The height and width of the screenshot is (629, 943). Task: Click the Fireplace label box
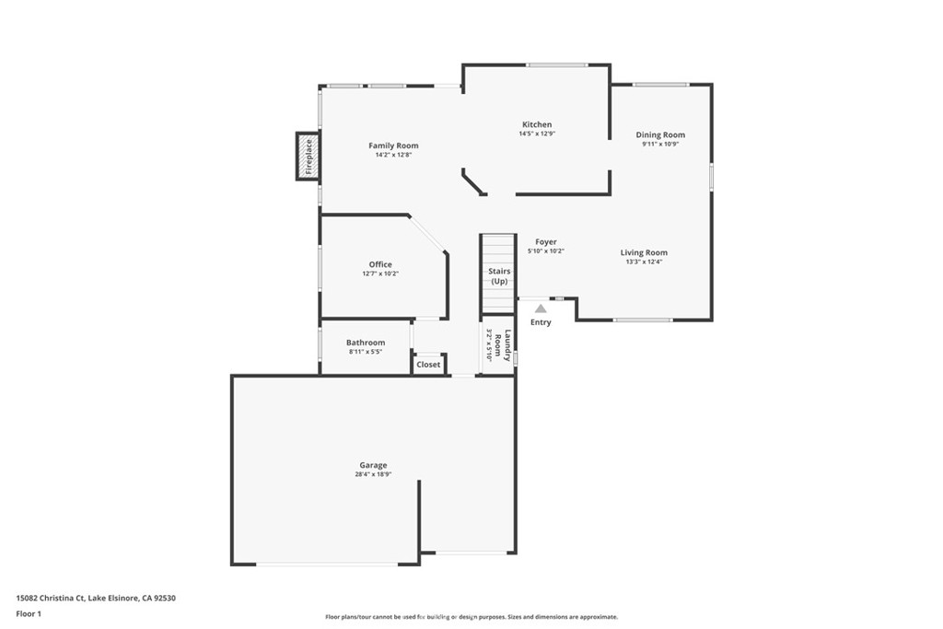pos(308,157)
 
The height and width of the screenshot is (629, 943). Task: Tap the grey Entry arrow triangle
pos(541,309)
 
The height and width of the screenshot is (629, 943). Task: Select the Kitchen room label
pos(537,124)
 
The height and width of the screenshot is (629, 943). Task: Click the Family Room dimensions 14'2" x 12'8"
pos(393,155)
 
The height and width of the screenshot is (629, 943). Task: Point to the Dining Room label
pos(660,134)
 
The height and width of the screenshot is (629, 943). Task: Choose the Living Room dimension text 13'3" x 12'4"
pos(644,262)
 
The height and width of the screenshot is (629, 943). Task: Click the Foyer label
pos(546,241)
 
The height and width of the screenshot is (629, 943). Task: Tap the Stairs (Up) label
pos(499,276)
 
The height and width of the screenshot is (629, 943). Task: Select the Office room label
pos(380,264)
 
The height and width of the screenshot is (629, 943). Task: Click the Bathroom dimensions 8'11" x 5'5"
pos(365,352)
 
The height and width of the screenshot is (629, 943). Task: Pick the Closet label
pos(428,365)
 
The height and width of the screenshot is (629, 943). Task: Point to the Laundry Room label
pos(502,345)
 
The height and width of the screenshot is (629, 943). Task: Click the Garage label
pos(373,465)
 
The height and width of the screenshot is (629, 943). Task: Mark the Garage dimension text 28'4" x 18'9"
pos(373,474)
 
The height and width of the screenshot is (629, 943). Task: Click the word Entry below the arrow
pos(541,322)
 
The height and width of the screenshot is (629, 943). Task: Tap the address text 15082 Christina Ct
pos(51,598)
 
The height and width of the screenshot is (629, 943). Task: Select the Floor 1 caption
pos(29,614)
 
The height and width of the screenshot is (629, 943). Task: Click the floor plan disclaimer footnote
pos(471,616)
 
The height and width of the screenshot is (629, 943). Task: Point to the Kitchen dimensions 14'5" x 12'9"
pos(537,134)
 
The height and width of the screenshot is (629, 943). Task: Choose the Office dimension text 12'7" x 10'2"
pos(380,274)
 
